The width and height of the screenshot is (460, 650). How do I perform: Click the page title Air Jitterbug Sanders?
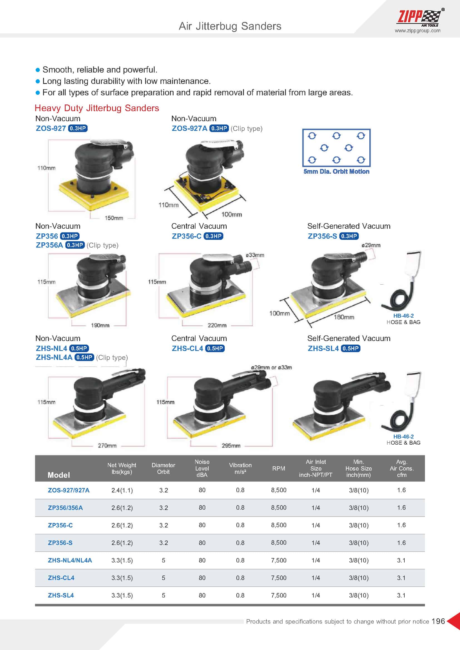230,26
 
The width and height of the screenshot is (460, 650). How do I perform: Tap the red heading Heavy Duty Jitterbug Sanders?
97,108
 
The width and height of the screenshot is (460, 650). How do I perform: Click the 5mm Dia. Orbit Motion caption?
336,171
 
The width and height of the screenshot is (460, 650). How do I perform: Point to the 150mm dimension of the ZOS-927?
114,218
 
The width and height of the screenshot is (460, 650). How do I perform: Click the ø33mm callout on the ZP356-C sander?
255,255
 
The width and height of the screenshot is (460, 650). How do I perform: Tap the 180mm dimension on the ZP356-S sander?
344,317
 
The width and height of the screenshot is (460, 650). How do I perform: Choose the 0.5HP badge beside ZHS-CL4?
215,348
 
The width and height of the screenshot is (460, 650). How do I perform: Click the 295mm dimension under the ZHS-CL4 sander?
231,445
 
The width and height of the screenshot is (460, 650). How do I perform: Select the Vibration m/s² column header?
240,468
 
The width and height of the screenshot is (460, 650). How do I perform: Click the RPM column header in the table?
279,468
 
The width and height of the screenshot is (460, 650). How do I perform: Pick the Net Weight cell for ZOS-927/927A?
122,490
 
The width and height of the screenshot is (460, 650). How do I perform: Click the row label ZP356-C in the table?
60,525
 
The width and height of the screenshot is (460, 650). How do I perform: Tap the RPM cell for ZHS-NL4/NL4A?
279,560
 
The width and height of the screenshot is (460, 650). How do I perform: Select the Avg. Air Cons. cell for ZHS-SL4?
401,595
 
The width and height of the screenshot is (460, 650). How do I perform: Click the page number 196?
438,621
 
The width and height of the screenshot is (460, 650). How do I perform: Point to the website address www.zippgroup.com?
417,31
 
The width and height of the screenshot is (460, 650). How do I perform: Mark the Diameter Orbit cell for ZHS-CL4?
164,578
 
